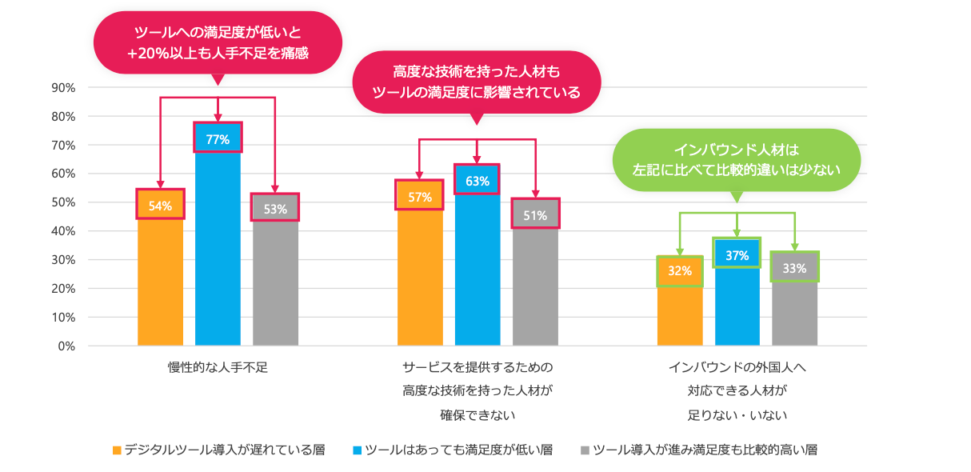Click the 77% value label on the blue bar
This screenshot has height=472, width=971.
218,139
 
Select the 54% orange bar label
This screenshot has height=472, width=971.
160,206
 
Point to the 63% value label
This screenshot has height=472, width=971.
477,181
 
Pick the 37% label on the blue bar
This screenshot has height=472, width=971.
737,255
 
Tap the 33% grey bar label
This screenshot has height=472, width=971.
794,269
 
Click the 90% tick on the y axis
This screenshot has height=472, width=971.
62,87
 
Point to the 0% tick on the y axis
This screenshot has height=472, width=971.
66,346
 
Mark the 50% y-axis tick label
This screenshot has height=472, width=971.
62,202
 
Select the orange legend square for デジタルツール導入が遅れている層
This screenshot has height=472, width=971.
117,450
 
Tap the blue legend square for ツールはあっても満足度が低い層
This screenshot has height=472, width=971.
357,450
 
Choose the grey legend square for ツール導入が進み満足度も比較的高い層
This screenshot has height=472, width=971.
585,450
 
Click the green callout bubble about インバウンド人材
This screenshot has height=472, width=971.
736,160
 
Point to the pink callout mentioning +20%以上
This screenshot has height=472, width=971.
218,42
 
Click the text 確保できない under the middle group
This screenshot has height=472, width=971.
477,415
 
